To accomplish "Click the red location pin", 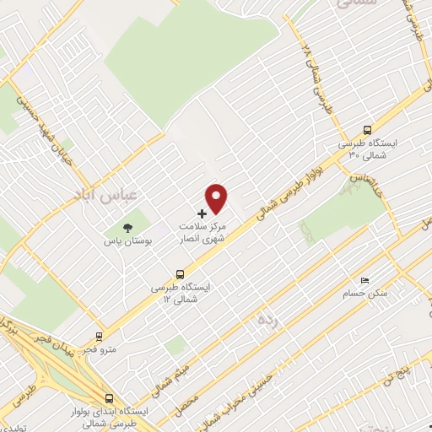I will point(217,197).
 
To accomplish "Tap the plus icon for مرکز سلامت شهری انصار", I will point(201,213).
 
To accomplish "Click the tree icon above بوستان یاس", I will point(127,228).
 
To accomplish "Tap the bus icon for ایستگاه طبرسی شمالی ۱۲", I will point(179,273).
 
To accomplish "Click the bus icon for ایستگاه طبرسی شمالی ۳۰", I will point(366,130).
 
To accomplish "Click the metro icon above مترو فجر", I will point(99,335).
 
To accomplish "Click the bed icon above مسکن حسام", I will point(364,280).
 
